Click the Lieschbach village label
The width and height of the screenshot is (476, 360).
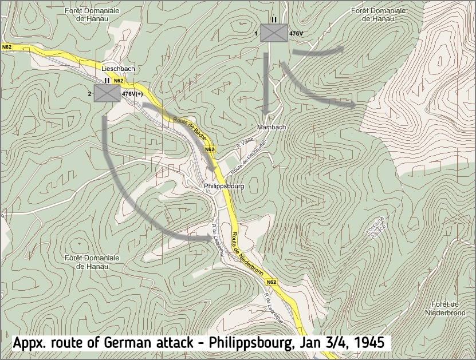click(118, 69)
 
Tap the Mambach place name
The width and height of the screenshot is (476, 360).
click(272, 126)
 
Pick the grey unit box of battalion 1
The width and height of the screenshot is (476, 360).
click(274, 33)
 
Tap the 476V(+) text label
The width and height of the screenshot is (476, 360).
click(132, 93)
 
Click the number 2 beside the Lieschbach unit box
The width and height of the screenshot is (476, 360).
click(89, 93)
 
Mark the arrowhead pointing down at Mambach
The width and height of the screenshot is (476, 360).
click(267, 112)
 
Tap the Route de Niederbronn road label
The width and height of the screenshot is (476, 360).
click(247, 255)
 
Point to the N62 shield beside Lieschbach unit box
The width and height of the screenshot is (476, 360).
click(117, 81)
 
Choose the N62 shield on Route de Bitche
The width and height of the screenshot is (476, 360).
click(210, 149)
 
